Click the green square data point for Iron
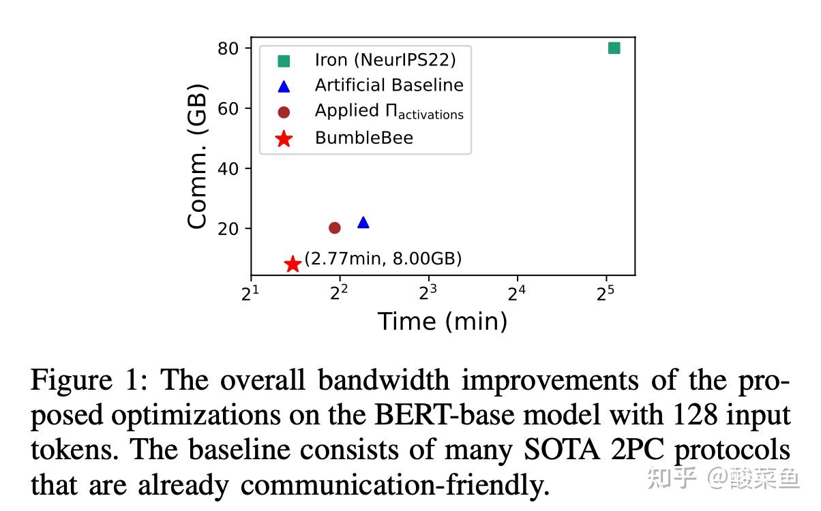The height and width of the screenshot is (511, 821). point(614,48)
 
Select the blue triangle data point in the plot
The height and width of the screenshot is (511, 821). point(363,222)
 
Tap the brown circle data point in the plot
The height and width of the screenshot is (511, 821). point(335,228)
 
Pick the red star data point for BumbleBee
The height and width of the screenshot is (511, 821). point(293,264)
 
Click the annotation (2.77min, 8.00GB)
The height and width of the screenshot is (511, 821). point(383,259)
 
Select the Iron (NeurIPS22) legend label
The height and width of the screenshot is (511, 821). point(385,60)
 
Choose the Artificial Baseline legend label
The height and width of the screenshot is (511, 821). point(389,85)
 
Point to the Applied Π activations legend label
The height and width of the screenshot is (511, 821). point(389,111)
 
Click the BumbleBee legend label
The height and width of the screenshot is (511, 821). point(363,138)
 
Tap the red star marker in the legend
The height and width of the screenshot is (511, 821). point(284,139)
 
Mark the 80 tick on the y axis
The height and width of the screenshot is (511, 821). point(228,48)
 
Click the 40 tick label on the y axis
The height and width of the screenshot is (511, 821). point(228,168)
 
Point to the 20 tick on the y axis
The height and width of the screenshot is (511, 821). point(228,228)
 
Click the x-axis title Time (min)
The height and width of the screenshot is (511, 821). point(443,322)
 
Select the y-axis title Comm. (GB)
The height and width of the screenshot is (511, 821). point(197,156)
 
